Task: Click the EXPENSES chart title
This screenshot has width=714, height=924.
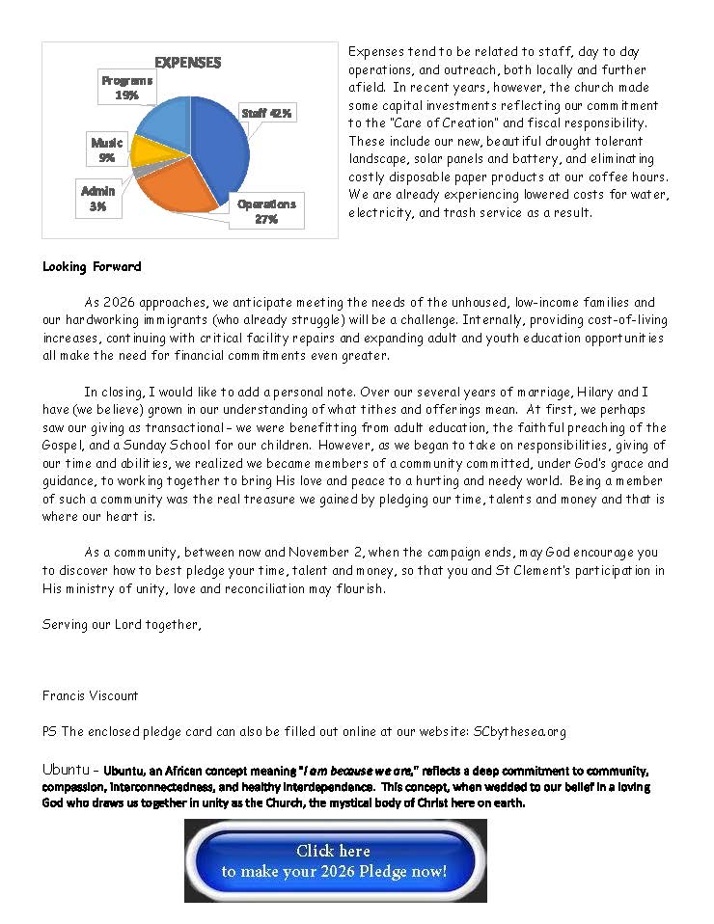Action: (x=188, y=63)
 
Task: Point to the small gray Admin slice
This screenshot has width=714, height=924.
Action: (x=142, y=170)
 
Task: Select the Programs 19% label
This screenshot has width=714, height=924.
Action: (x=126, y=88)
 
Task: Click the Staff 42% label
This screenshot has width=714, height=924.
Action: (x=267, y=113)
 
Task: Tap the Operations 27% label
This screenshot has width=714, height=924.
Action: (x=266, y=211)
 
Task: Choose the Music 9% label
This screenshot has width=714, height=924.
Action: (x=107, y=149)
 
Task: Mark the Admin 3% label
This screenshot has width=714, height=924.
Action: (x=97, y=198)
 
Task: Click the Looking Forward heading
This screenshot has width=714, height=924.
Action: (x=92, y=266)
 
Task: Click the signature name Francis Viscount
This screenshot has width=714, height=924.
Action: (x=91, y=695)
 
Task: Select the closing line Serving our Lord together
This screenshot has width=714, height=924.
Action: (x=123, y=624)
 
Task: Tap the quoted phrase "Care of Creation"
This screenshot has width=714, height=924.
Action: (x=438, y=122)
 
